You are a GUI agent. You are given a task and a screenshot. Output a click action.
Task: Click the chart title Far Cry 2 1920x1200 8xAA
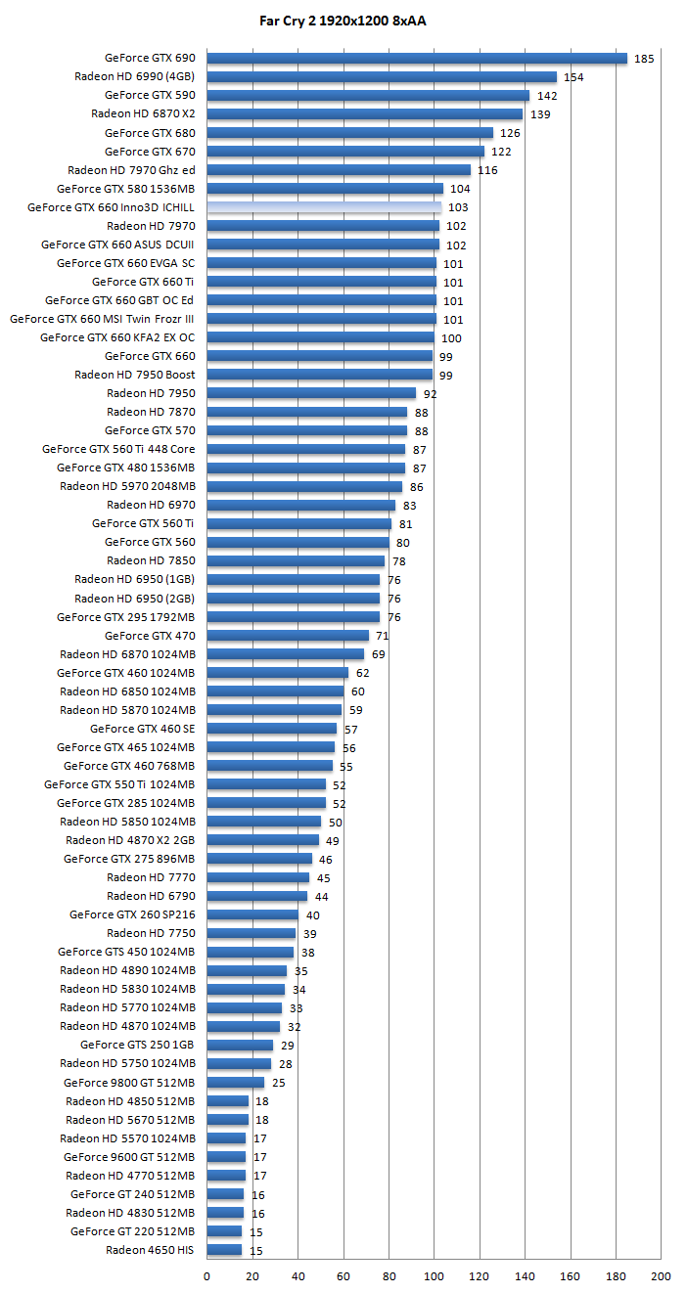(x=343, y=20)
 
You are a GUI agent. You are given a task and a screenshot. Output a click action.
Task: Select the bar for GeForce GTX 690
(x=416, y=58)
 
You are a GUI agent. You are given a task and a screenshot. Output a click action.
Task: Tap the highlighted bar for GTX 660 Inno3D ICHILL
(x=323, y=207)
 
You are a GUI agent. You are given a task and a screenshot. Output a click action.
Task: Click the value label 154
(x=573, y=77)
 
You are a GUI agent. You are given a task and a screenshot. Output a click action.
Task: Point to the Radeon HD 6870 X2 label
(x=143, y=113)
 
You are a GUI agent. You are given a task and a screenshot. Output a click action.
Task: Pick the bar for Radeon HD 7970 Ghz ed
(x=338, y=170)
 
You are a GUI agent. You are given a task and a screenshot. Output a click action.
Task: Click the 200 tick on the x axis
(x=662, y=1276)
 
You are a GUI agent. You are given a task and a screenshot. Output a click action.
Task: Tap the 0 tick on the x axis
(x=206, y=1276)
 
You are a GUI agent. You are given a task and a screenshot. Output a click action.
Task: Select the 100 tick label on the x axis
(x=434, y=1276)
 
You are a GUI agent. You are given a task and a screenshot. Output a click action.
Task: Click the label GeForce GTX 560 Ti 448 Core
(x=118, y=449)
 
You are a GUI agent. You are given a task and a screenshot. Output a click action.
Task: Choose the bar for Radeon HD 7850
(x=295, y=560)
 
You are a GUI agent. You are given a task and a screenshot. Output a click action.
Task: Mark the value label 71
(x=383, y=636)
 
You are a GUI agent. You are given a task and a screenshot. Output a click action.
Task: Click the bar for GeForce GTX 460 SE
(x=271, y=729)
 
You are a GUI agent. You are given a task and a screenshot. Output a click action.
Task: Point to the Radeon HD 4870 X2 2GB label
(x=130, y=840)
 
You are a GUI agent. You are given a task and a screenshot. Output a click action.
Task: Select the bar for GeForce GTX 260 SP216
(x=252, y=914)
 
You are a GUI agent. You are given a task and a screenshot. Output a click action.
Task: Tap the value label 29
(x=287, y=1046)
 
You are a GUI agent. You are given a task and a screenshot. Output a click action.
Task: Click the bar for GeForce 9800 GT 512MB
(x=235, y=1083)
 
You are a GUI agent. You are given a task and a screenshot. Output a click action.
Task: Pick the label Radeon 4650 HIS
(x=150, y=1250)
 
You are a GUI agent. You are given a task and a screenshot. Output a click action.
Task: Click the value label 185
(x=644, y=59)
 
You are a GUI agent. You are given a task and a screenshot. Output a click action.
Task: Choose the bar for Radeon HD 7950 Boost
(x=319, y=375)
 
